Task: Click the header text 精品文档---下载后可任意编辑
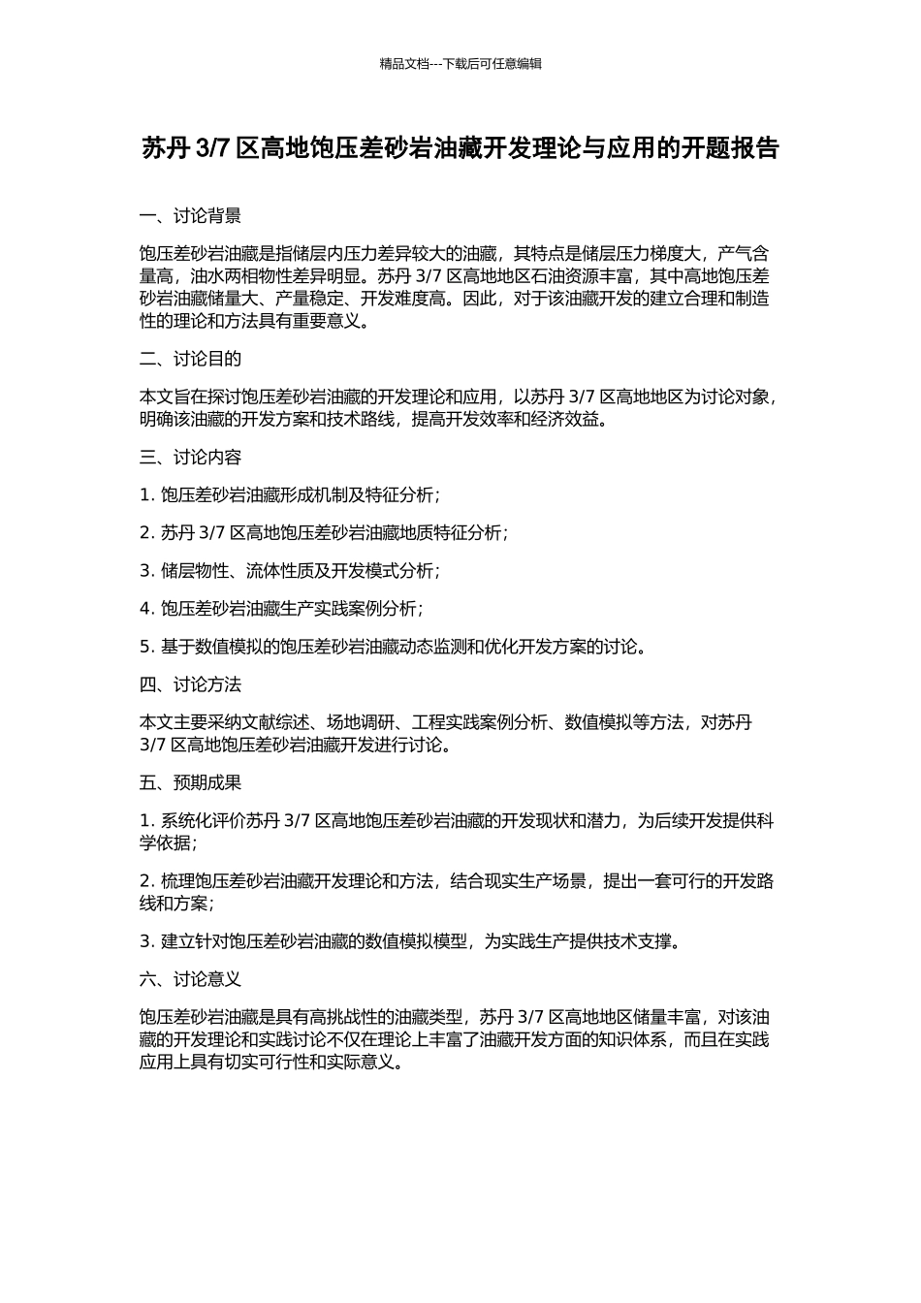click(460, 64)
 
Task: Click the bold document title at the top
click(460, 148)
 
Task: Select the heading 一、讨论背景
click(190, 216)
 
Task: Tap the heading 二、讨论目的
click(190, 360)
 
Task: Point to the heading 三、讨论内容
click(190, 458)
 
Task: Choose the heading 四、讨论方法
click(190, 685)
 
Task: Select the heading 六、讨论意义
click(190, 980)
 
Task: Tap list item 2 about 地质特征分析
click(324, 533)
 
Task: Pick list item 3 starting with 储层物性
click(290, 571)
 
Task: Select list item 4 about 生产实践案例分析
click(281, 609)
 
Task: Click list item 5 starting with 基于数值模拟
click(393, 647)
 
